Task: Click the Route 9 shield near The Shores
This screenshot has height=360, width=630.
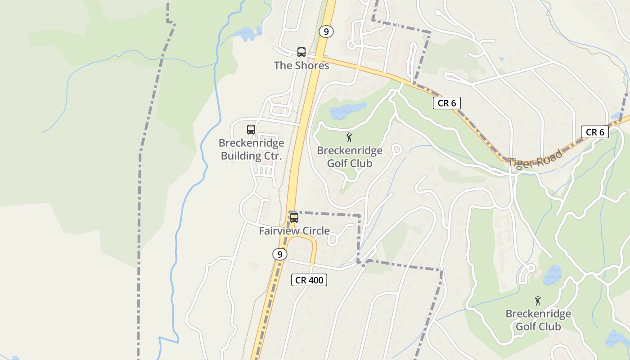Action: tap(326, 31)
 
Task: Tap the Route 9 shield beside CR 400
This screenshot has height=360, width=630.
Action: tap(279, 254)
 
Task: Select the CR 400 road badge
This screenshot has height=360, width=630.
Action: tap(309, 280)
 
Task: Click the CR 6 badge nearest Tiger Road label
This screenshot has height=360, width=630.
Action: tap(447, 103)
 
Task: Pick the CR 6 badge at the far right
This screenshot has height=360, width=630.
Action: tap(594, 132)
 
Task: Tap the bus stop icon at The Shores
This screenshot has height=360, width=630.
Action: tap(301, 52)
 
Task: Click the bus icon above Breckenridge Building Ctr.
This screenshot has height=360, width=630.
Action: tap(251, 130)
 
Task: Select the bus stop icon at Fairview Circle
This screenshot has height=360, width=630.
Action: tap(294, 218)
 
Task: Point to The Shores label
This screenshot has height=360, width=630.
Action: tap(301, 65)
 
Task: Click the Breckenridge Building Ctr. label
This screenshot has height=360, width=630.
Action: tap(251, 150)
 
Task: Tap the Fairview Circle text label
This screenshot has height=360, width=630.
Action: tap(294, 231)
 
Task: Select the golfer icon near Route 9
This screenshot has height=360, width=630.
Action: tap(349, 137)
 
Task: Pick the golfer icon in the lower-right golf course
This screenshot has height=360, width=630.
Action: tap(537, 300)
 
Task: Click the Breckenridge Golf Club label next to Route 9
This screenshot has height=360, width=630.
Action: tap(350, 157)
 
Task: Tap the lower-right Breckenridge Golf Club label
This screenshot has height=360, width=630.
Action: tap(538, 320)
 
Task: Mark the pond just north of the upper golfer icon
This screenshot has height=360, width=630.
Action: tap(348, 110)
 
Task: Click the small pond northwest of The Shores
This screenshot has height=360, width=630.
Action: tap(247, 33)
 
